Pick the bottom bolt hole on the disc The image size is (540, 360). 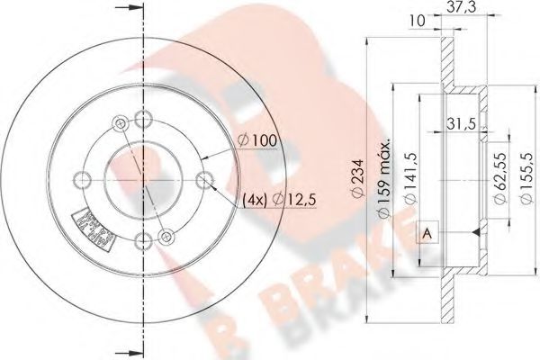pyautogui.click(x=142, y=239)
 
